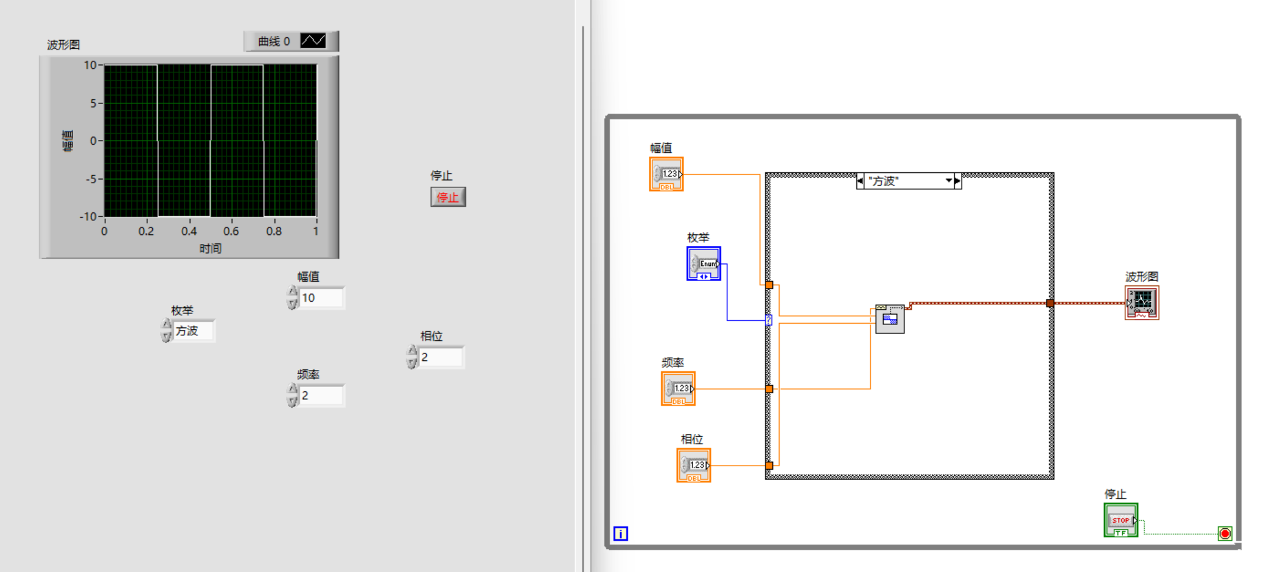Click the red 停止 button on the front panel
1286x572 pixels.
[x=448, y=197]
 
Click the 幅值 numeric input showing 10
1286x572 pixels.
[x=321, y=298]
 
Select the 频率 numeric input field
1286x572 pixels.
[x=321, y=396]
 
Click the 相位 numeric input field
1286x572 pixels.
[x=441, y=357]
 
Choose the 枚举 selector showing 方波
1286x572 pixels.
[x=193, y=331]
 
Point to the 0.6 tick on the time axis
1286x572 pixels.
[x=231, y=231]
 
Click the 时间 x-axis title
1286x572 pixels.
[x=211, y=248]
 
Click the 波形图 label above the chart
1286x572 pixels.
[x=63, y=44]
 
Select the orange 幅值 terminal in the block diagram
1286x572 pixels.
[x=666, y=175]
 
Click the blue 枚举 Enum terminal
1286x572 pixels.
[x=704, y=263]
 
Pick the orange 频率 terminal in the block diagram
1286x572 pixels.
[x=678, y=389]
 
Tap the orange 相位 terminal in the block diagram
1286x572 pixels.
[x=694, y=466]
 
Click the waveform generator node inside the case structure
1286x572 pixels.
[x=890, y=318]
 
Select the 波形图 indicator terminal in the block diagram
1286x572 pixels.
[x=1142, y=302]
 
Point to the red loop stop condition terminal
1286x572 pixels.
[x=1225, y=534]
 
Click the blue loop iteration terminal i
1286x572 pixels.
[x=620, y=534]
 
